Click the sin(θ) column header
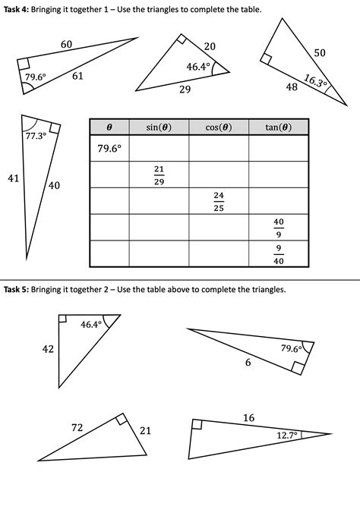click(x=159, y=127)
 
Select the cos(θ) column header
click(x=219, y=127)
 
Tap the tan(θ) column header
click(x=279, y=127)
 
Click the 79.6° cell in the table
click(x=109, y=149)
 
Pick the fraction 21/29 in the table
click(x=159, y=174)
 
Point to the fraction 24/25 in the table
click(x=219, y=201)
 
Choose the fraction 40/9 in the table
click(x=279, y=228)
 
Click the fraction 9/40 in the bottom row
click(x=279, y=253)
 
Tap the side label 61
click(x=77, y=76)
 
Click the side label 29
click(x=185, y=90)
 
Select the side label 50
click(x=319, y=52)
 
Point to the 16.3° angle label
click(x=315, y=81)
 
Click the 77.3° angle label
click(x=36, y=136)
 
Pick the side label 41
click(x=12, y=179)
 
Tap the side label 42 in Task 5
click(x=48, y=349)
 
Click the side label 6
click(x=248, y=363)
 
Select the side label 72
click(x=77, y=428)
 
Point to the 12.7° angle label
click(x=287, y=436)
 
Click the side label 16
click(x=248, y=417)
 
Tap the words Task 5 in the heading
click(x=15, y=289)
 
